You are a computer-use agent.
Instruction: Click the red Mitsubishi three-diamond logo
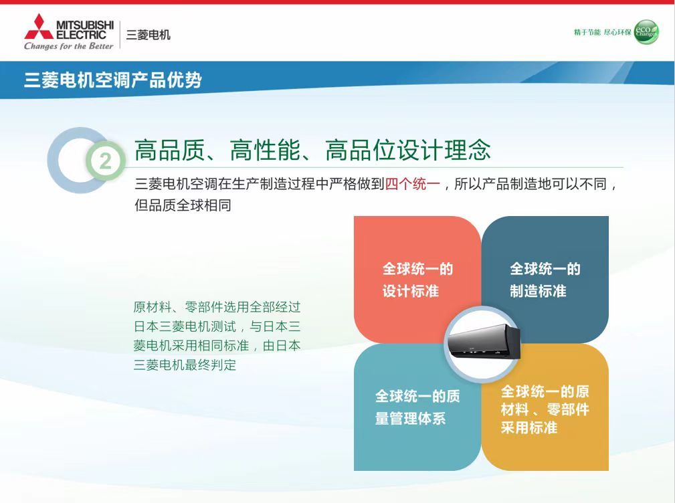point(39,27)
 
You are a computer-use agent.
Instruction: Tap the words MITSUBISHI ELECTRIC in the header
point(85,29)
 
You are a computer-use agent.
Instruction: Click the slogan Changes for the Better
point(68,46)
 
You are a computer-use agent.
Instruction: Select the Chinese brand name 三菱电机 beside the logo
point(148,34)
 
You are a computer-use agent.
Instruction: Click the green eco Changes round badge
point(646,32)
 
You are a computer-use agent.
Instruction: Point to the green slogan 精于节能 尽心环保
point(602,32)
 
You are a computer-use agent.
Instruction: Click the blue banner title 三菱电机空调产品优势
point(113,80)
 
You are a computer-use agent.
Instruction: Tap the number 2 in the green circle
point(106,161)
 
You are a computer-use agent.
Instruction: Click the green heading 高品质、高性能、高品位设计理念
point(312,150)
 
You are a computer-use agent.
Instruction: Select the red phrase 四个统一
point(412,184)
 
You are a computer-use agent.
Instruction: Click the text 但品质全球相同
point(183,205)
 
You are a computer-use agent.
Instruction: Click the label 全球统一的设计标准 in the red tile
point(417,280)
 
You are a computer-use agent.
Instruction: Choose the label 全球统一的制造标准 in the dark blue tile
point(545,280)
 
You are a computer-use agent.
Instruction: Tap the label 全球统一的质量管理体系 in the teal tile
point(417,407)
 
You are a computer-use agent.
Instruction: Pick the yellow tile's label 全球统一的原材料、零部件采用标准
point(545,409)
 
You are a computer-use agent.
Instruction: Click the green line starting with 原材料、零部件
point(217,307)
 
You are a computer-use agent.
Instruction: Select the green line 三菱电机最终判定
point(185,365)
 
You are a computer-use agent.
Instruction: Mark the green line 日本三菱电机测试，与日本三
point(217,326)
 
